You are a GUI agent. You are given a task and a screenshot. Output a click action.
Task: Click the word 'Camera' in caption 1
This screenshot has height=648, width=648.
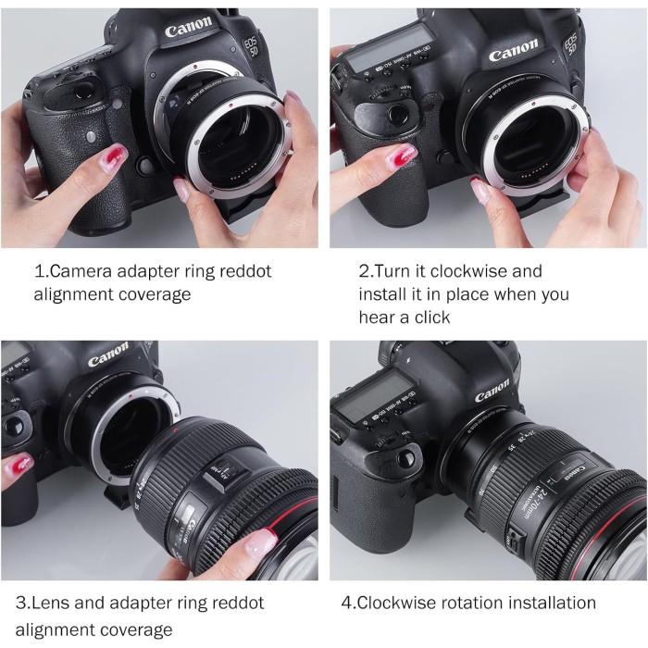[x=80, y=272]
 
